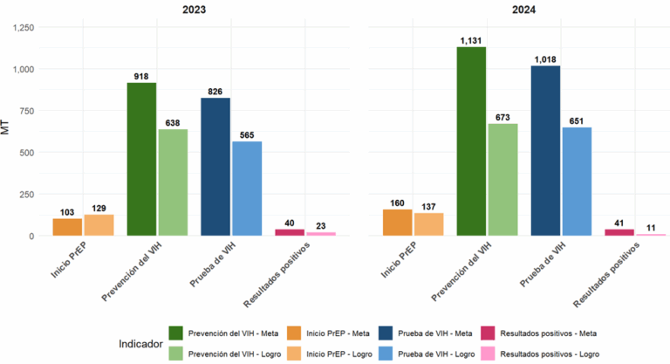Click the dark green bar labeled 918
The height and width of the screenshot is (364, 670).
(141, 159)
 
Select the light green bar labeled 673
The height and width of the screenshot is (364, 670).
(502, 180)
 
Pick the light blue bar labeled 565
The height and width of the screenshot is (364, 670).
(247, 189)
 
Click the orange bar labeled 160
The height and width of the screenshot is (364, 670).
(397, 223)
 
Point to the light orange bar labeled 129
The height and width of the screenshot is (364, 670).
(99, 225)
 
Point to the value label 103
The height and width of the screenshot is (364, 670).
(67, 211)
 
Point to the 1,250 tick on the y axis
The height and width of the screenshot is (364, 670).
(25, 28)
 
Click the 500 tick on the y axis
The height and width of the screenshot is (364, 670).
(31, 153)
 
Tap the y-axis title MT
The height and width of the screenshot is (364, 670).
(7, 131)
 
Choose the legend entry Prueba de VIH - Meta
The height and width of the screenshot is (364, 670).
(437, 333)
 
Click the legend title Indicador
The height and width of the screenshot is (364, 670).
(144, 344)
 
